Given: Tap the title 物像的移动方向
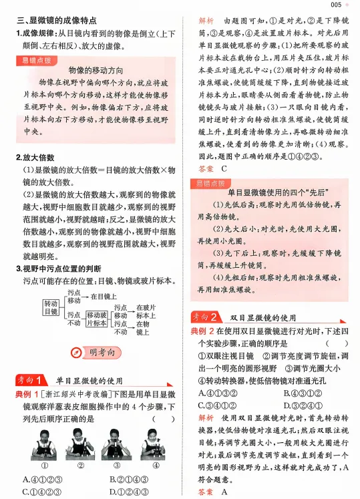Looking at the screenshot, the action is click(98, 69).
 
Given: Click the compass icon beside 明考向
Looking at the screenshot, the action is click(76, 352).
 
